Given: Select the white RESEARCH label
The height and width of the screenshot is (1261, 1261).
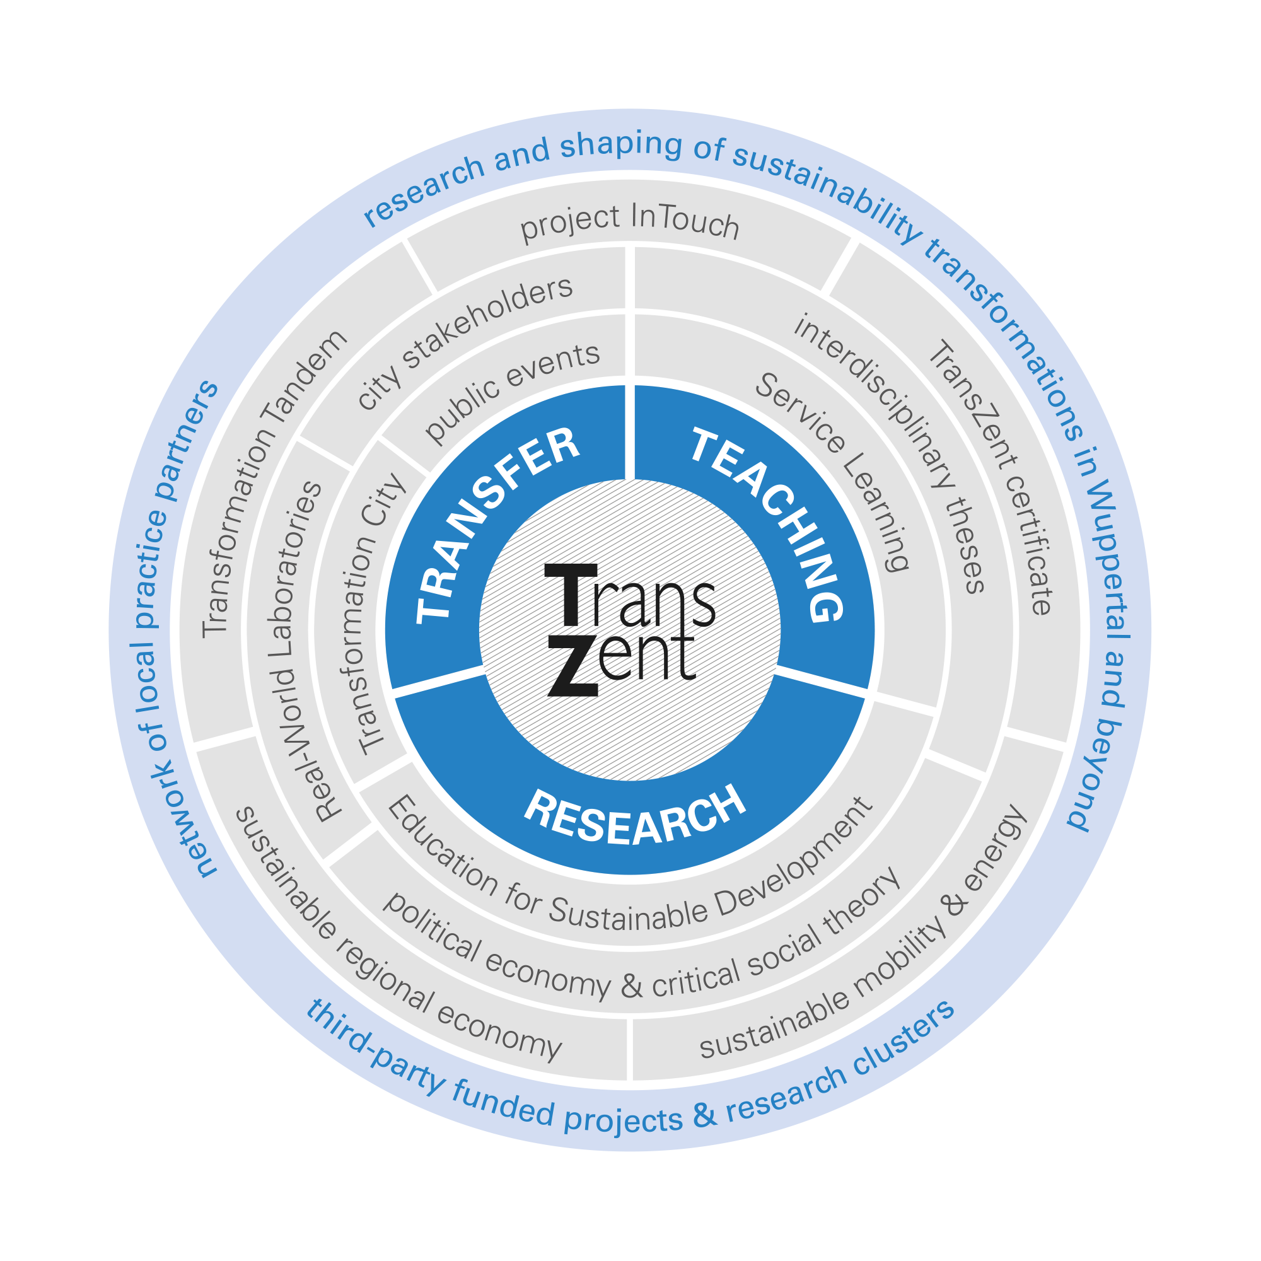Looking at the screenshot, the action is pos(634,816).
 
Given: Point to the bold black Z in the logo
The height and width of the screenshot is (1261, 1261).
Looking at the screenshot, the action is pos(573,666).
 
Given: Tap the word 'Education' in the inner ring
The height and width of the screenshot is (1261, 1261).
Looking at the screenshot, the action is pos(443,846).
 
